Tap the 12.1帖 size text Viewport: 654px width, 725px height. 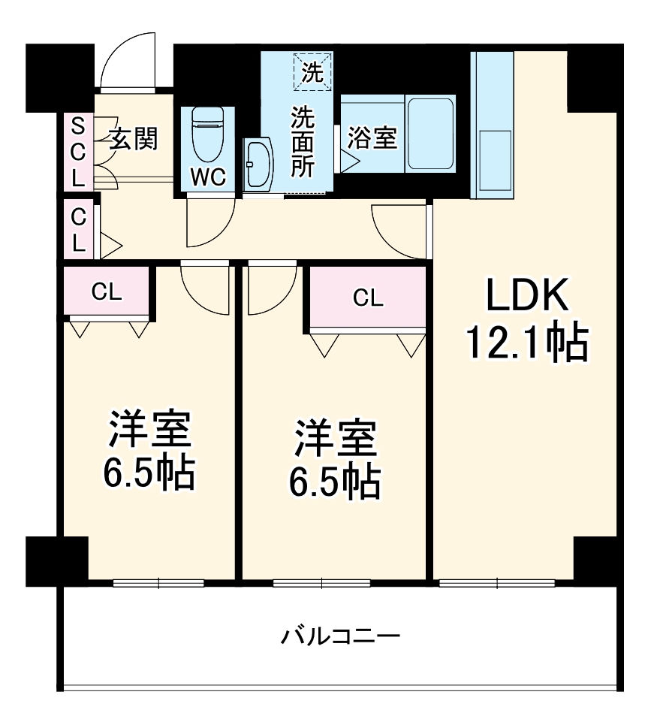click(526, 343)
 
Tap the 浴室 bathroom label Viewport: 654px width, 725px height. click(372, 138)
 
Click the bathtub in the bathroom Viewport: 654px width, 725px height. click(430, 134)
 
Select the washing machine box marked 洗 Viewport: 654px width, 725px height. click(311, 71)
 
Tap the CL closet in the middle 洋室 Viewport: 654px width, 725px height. click(367, 298)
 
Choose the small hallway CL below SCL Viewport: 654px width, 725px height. click(77, 229)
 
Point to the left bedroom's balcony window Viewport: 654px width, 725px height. click(158, 583)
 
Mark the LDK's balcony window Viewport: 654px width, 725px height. click(496, 583)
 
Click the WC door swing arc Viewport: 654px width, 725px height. click(209, 225)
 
